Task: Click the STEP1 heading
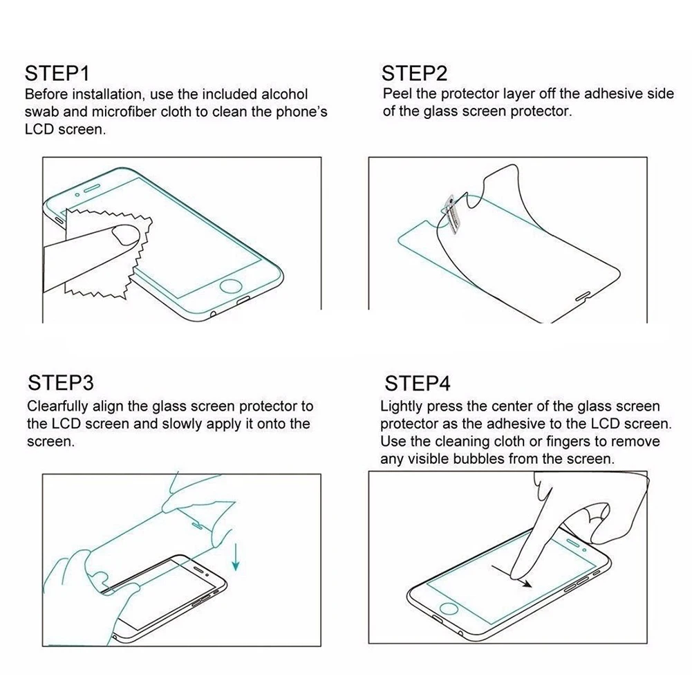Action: point(57,73)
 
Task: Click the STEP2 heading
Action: point(414,73)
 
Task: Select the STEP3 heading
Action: point(61,382)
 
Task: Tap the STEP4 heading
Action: point(418,383)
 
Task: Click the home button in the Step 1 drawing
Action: point(231,286)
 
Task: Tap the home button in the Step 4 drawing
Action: point(449,610)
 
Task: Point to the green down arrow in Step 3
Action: point(236,557)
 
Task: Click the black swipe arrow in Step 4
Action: point(512,576)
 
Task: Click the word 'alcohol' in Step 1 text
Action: point(284,94)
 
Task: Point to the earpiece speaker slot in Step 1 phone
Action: point(93,188)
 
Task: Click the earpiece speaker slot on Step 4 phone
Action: point(572,543)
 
